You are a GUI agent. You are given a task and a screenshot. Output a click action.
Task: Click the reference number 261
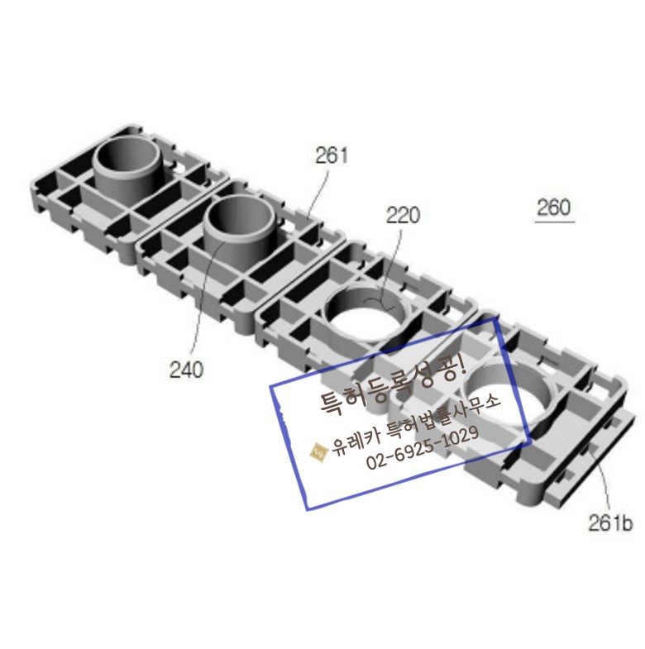tap(332, 155)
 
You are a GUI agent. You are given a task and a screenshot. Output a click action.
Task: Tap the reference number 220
tap(403, 215)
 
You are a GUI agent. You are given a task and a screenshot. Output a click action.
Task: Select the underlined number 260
tap(554, 207)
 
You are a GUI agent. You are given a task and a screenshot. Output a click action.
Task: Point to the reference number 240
tap(187, 370)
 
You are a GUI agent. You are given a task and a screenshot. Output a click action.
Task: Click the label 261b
tap(610, 523)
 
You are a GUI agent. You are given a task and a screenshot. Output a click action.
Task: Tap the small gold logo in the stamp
tap(319, 451)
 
